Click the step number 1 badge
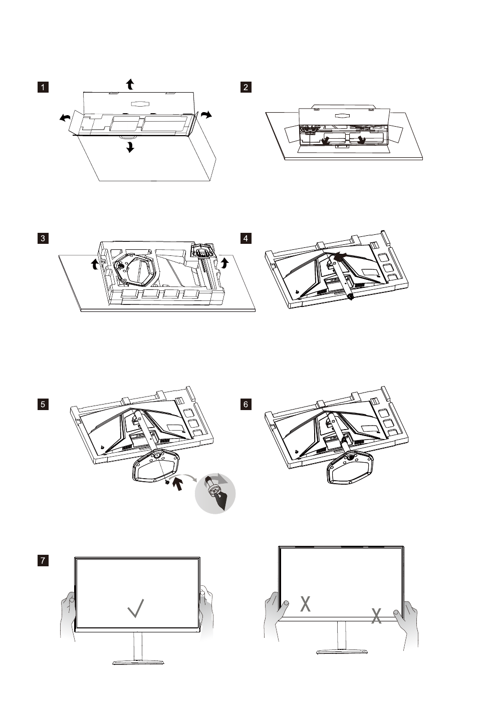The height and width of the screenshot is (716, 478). coord(43,87)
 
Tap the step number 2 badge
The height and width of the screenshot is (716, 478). coord(246,87)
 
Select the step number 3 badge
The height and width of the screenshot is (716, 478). coord(43,238)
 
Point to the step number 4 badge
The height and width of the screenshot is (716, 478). coord(246,238)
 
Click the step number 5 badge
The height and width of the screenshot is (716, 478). coord(43,404)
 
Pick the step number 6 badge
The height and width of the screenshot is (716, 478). coord(246,404)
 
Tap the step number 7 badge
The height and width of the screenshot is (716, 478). coord(43,560)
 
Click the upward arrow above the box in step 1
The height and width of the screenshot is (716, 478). coord(130,84)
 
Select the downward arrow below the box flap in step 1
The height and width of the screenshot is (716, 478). coord(130,147)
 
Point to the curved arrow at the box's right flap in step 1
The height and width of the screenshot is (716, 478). coord(206,115)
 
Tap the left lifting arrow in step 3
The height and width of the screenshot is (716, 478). coord(94,264)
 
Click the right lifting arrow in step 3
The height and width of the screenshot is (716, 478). coord(225,261)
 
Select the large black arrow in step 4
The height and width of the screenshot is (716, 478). coord(341,256)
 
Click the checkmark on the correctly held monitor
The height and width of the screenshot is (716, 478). coord(136,608)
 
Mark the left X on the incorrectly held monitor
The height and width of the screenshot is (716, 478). coord(305,604)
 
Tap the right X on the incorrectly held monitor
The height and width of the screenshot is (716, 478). coord(377,615)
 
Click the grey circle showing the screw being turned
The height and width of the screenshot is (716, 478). coord(214,493)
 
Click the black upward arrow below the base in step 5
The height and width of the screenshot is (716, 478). coord(177,484)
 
